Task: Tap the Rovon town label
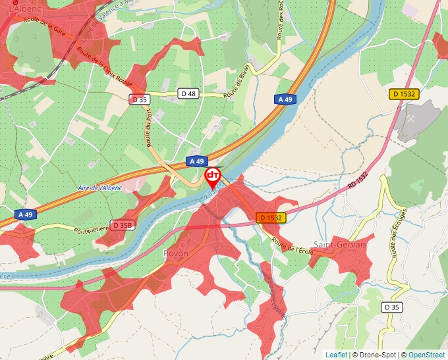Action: pos(176,253)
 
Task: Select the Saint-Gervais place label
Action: pos(339,244)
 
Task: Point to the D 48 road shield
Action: pos(188,94)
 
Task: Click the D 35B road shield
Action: pos(123,225)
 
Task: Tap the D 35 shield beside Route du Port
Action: pos(140,99)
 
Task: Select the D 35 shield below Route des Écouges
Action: pos(391,307)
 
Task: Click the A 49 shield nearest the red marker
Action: pos(197,161)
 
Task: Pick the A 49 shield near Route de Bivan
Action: pos(285,99)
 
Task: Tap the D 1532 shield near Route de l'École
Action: pos(271,218)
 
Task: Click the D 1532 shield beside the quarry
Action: pos(404,94)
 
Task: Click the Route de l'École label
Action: pos(292,249)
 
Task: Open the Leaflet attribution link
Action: pos(336,355)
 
